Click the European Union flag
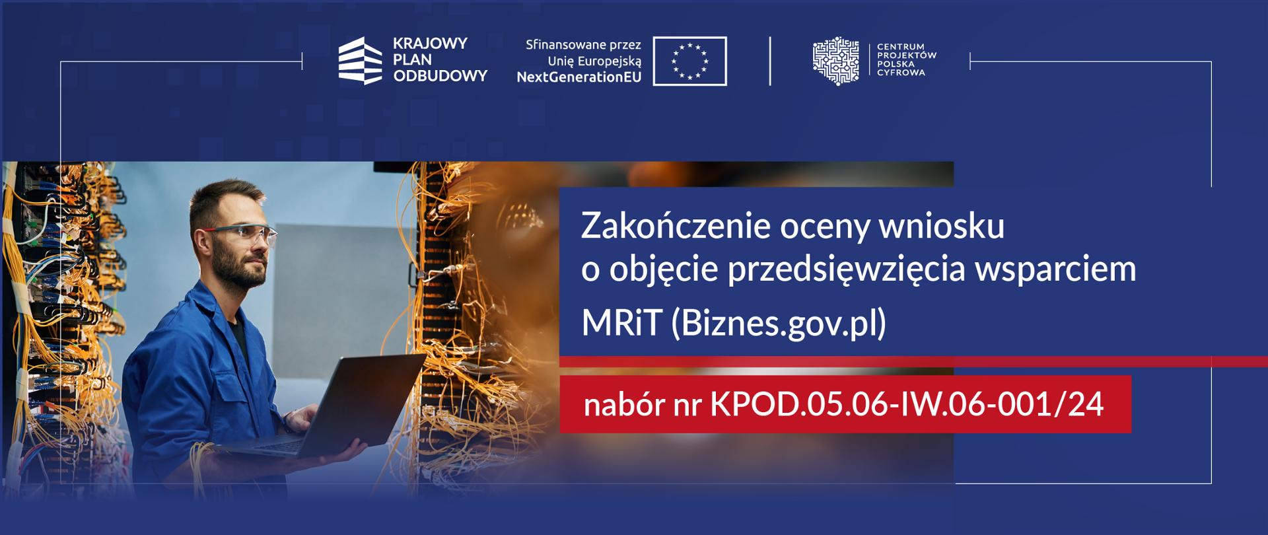[x=689, y=61]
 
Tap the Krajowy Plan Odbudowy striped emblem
[x=360, y=61]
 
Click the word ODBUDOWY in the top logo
[x=440, y=76]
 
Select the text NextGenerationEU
[x=579, y=77]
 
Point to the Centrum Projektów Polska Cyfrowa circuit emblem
[x=836, y=61]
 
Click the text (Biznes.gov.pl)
[x=779, y=323]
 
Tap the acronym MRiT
[x=621, y=323]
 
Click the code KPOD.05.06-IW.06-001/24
[x=907, y=404]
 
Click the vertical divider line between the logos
[x=770, y=61]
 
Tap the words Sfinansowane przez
[x=583, y=45]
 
